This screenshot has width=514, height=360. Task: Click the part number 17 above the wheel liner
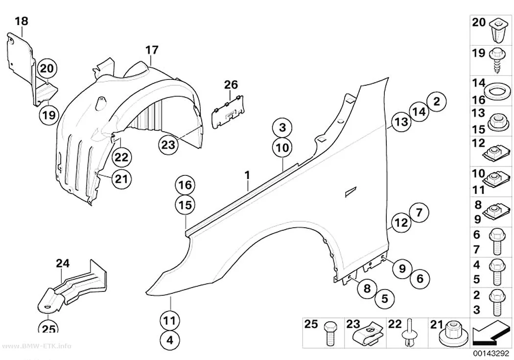pos(152,50)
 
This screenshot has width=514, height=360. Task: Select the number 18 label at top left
pos(22,22)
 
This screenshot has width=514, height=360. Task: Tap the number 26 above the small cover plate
pos(231,85)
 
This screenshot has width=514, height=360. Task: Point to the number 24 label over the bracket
pos(63,264)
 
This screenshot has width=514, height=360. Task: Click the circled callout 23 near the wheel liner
pos(168,144)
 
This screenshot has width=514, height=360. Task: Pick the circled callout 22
pos(121,157)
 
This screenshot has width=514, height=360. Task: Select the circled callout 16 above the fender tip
pos(185,185)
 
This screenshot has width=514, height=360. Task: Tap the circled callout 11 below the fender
pos(170,320)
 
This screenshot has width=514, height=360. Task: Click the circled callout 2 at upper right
pos(437,101)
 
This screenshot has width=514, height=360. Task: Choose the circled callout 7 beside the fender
pos(419,213)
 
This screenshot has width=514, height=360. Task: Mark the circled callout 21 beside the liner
pos(121,179)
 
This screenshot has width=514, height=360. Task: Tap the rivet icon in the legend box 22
pos(409,332)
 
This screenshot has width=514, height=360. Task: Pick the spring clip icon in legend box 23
pos(369,335)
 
